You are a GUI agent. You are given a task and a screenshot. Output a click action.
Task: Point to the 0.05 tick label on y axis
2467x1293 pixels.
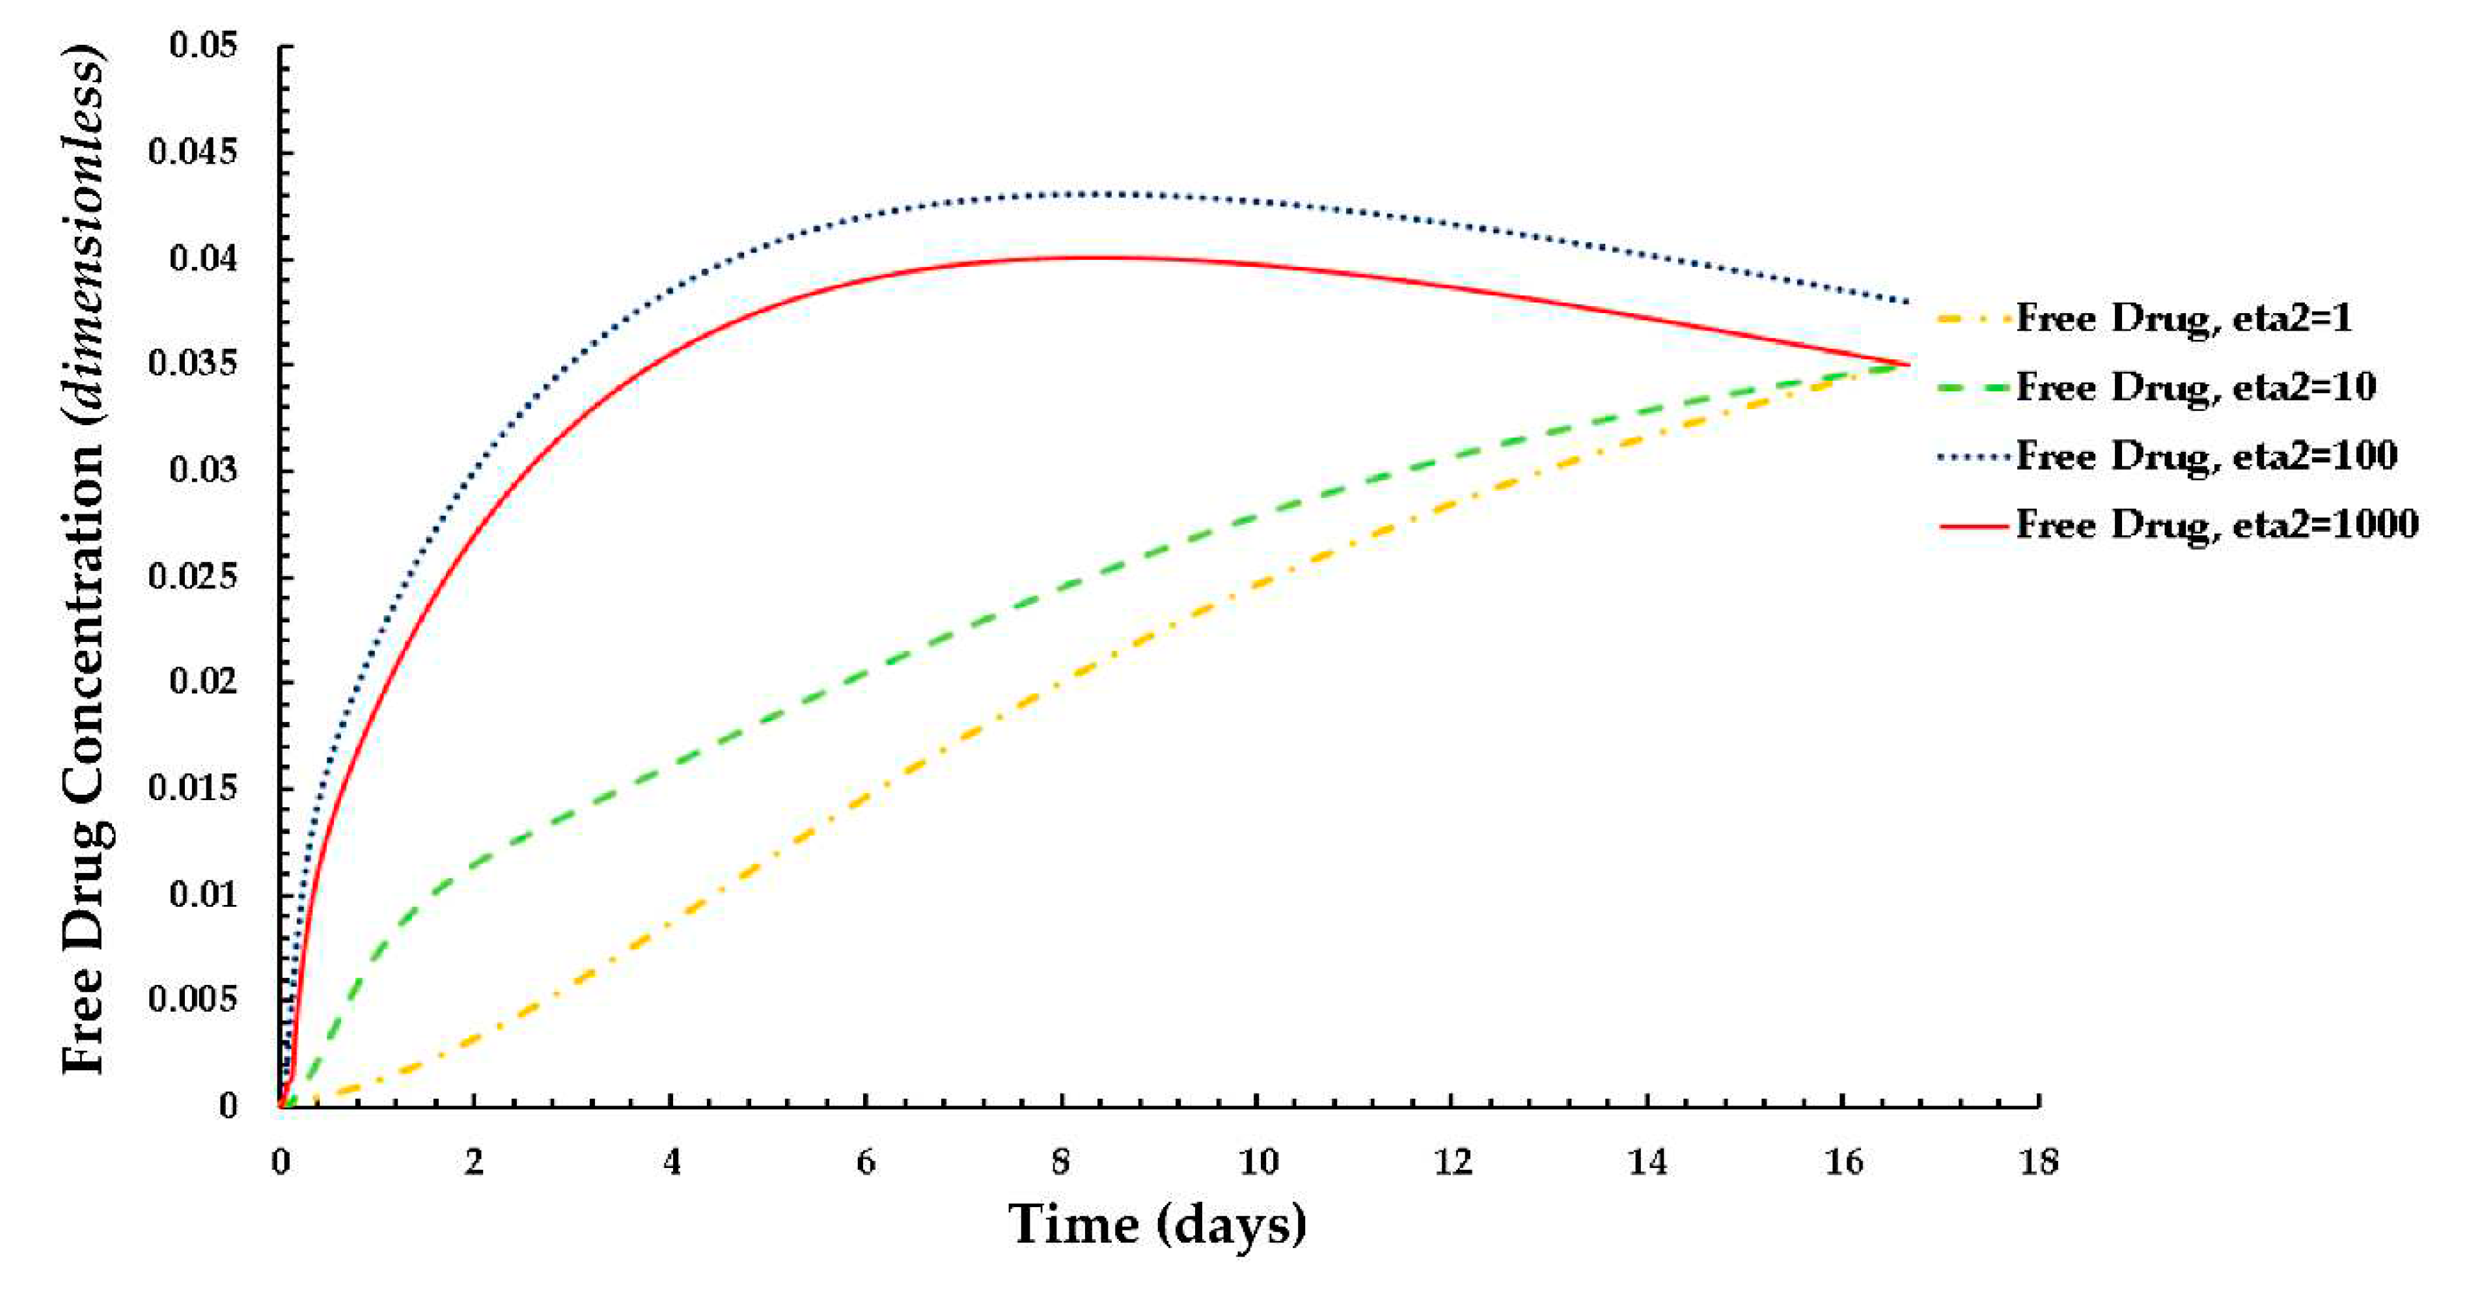click(204, 45)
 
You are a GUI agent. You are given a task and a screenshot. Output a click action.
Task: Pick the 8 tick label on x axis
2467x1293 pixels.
click(1060, 1161)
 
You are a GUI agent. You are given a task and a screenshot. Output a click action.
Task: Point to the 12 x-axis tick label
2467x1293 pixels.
click(1452, 1161)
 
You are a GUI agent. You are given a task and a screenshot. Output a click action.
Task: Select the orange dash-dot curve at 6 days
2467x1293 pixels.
click(866, 795)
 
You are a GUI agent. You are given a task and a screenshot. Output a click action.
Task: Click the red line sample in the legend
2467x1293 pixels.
click(1973, 525)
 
